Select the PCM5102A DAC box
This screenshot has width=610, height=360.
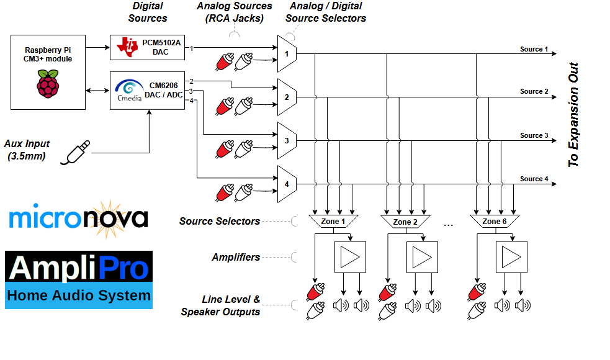pos(147,48)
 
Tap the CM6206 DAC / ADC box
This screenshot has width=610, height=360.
pos(147,91)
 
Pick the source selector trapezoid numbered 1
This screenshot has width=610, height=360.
pos(287,53)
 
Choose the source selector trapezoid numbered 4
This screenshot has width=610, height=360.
pos(287,184)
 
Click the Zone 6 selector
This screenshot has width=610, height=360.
pos(495,221)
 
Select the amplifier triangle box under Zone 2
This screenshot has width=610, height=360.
pos(423,256)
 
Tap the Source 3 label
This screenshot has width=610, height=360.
pos(534,135)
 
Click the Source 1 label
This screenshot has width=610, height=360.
pos(534,49)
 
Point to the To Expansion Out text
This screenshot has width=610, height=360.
pos(574,114)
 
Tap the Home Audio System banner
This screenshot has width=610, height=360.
pos(79,295)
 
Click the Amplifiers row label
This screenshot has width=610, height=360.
pos(236,257)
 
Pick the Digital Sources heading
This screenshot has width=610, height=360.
pos(148,12)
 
